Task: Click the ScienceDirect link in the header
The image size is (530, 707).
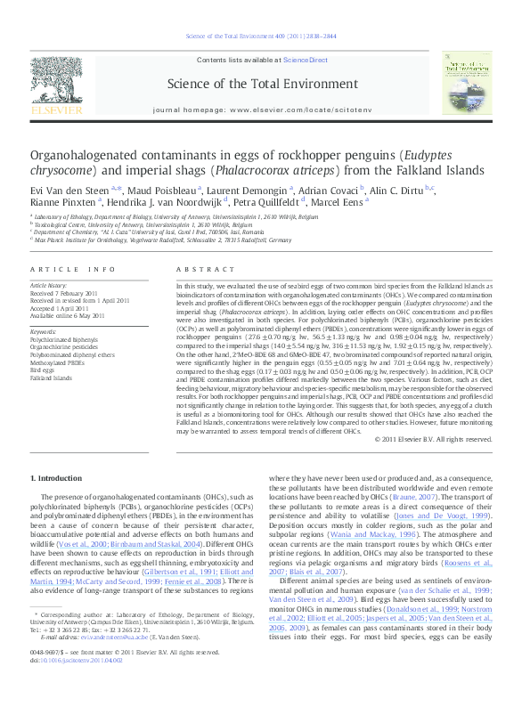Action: coord(306,59)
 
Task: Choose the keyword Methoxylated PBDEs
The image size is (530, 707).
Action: coord(60,363)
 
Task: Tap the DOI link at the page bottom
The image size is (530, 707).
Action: coord(77,687)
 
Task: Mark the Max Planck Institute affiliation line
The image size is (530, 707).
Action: coord(159,239)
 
